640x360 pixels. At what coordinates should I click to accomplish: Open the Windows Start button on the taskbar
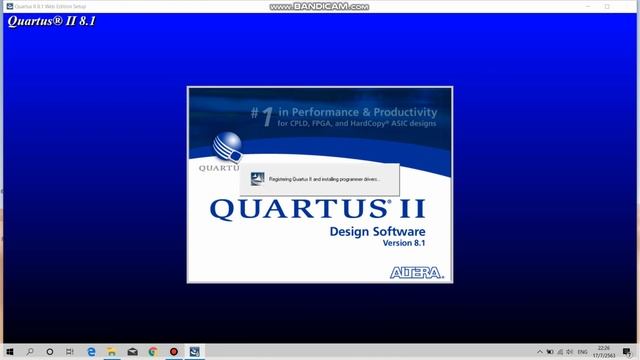point(8,351)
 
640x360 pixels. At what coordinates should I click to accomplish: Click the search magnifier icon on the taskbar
point(30,351)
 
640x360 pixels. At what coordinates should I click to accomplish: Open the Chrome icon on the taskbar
point(153,351)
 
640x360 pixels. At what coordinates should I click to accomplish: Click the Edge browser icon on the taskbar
point(90,351)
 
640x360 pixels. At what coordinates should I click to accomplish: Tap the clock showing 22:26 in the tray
point(604,348)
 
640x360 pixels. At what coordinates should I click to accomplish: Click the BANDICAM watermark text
point(320,7)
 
